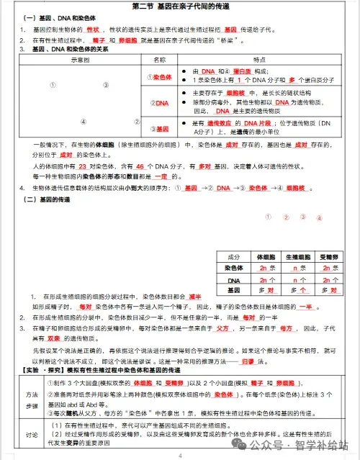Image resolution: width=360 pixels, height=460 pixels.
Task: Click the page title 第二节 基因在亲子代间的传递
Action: click(179, 7)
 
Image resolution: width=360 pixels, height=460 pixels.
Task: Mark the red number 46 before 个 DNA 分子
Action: click(141, 166)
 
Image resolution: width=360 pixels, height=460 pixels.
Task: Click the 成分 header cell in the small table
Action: click(233, 257)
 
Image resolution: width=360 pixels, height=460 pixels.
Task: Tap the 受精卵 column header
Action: click(328, 257)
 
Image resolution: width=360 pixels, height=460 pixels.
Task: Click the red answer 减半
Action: click(194, 296)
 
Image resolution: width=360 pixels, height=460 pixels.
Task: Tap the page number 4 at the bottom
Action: click(181, 455)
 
